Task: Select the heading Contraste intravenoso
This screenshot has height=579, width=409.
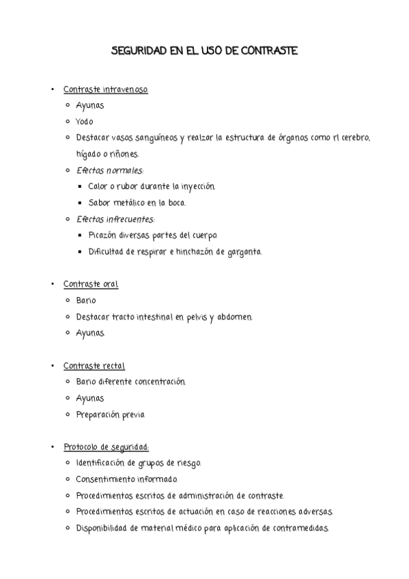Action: [x=105, y=89]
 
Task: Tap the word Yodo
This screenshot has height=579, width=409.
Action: [x=85, y=122]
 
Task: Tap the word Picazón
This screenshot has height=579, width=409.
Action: [x=104, y=236]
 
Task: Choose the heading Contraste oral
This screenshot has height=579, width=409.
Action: [x=91, y=284]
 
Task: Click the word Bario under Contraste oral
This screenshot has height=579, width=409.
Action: [x=86, y=300]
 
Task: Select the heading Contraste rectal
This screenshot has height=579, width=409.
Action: [x=94, y=366]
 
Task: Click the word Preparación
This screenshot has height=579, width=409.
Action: [x=98, y=414]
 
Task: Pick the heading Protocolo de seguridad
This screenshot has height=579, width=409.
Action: [x=106, y=447]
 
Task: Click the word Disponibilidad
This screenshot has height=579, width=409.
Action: [x=101, y=528]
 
